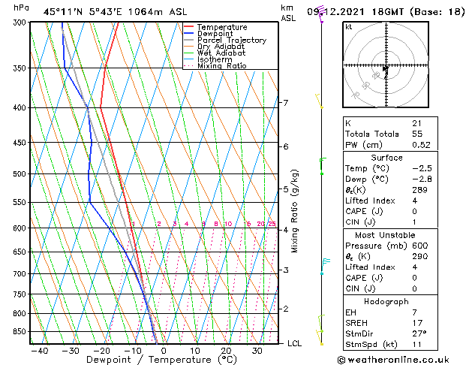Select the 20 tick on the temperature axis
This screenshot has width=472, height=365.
226,351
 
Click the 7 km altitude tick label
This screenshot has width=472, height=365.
285,103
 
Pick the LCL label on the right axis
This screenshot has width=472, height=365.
294,343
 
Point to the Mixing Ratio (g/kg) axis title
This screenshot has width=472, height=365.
294,211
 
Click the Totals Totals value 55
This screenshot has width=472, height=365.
416,134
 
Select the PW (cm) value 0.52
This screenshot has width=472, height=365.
420,145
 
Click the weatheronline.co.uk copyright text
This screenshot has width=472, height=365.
392,359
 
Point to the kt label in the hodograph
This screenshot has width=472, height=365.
348,27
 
